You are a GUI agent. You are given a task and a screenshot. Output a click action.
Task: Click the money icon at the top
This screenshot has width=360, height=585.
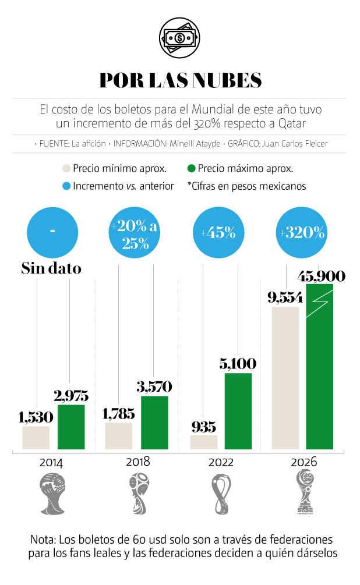tap(180, 38)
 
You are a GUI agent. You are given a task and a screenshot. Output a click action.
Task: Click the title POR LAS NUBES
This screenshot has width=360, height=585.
tap(180, 80)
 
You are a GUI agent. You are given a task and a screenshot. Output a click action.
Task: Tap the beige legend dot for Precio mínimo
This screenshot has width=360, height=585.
tap(66, 169)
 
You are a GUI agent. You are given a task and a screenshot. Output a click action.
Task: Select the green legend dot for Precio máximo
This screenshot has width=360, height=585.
tap(190, 169)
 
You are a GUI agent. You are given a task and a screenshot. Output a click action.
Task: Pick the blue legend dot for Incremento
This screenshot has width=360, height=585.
tap(66, 186)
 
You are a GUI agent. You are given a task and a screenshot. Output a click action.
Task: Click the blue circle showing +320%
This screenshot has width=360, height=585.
tap(302, 233)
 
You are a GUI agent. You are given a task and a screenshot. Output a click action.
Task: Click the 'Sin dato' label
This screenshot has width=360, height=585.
tap(51, 268)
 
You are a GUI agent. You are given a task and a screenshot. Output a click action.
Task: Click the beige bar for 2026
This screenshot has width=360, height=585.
tap(285, 378)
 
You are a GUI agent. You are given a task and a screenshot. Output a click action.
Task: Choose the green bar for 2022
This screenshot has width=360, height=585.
tap(238, 411)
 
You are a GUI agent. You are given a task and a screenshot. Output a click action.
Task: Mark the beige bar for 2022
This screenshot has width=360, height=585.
tap(203, 442)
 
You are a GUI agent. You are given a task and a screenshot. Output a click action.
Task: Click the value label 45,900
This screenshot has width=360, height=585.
tap(321, 276)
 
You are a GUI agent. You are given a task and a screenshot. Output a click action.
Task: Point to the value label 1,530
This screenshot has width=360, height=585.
tap(36, 417)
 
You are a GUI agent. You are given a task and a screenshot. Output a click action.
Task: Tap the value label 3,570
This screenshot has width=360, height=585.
tap(155, 387)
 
